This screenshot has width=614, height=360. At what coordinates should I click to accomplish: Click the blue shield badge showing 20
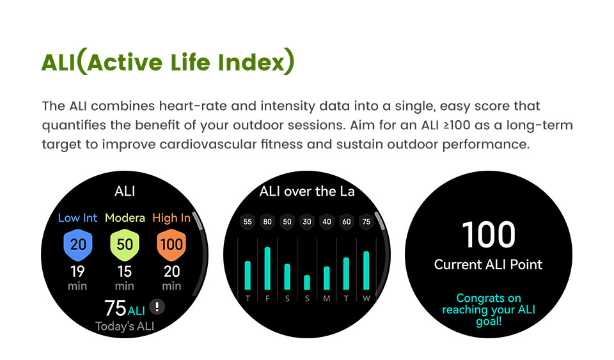click(78, 245)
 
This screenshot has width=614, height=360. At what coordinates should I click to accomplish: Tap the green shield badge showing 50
click(125, 245)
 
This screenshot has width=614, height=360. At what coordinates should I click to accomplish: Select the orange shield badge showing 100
click(171, 245)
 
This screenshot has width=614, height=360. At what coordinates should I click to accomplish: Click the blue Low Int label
click(77, 218)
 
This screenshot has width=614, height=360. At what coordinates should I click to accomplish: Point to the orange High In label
click(171, 218)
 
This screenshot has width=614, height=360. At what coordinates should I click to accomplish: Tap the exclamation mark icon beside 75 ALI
click(157, 306)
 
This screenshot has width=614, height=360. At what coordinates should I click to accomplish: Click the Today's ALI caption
click(125, 326)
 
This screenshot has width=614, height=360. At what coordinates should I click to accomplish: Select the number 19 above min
click(77, 271)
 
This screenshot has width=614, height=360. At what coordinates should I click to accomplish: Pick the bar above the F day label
click(267, 269)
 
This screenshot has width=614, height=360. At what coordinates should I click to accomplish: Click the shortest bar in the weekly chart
click(307, 283)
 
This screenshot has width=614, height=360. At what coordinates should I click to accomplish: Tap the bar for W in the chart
click(366, 270)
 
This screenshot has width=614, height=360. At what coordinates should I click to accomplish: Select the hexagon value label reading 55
click(248, 222)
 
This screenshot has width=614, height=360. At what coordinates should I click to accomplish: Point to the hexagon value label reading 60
click(347, 222)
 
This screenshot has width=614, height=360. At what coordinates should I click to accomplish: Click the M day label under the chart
click(327, 299)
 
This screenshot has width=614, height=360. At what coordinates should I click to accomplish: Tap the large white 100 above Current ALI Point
click(489, 235)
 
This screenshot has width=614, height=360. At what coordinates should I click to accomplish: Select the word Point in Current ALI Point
click(526, 265)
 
